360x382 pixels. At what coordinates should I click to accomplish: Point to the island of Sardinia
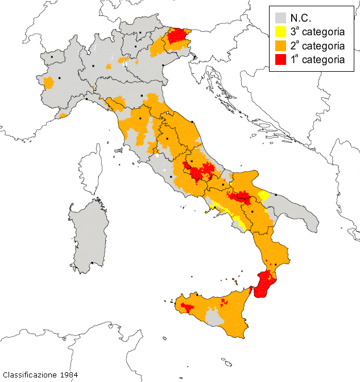(88, 233)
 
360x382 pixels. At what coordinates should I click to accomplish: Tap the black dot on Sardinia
(92, 263)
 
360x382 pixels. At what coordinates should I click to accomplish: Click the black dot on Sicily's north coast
(197, 295)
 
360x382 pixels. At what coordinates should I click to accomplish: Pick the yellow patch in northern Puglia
(263, 196)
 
